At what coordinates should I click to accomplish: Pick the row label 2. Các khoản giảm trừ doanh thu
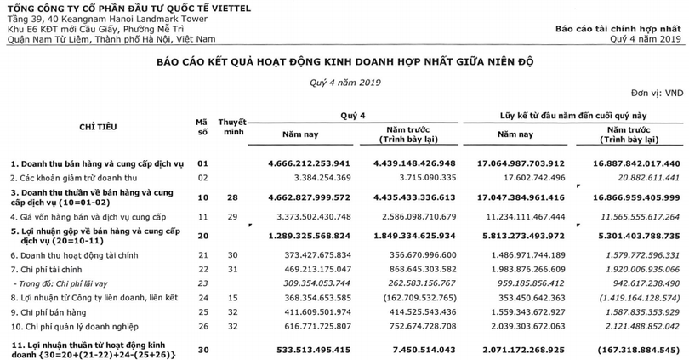click(x=77, y=177)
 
